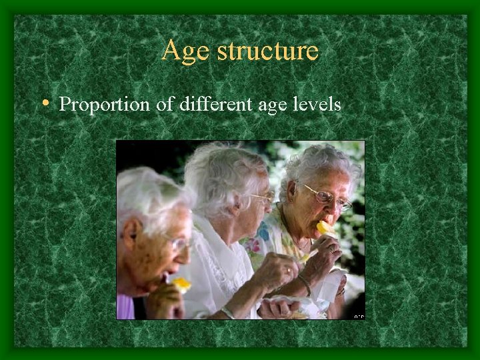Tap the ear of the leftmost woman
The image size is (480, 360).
[x=131, y=234]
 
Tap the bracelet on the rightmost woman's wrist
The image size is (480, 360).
[x=304, y=283]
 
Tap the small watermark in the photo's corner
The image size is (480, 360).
[x=358, y=315]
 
